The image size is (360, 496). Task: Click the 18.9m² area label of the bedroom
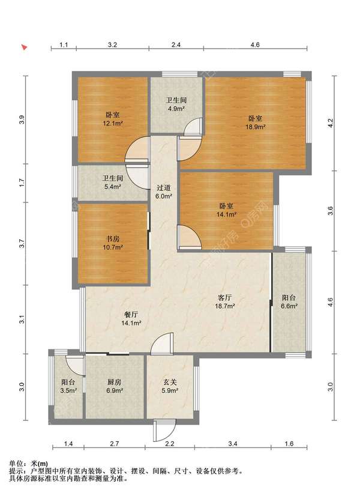[255, 127]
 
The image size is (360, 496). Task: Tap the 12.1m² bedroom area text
[113, 123]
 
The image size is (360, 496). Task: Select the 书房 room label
[113, 239]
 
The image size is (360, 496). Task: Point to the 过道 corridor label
[164, 188]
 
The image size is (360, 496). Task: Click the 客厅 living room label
[225, 298]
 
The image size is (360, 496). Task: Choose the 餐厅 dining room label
[131, 315]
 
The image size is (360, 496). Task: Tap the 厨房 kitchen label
[115, 382]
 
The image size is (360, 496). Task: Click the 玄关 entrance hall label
[170, 382]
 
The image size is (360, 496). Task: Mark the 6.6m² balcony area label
[289, 306]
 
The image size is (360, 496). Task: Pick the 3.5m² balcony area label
[68, 391]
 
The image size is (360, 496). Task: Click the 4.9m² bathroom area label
[176, 109]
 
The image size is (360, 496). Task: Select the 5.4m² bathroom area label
[113, 187]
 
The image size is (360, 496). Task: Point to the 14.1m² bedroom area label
[226, 214]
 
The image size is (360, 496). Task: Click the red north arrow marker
[24, 47]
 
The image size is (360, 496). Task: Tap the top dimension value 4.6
[255, 45]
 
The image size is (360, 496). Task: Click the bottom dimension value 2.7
[115, 444]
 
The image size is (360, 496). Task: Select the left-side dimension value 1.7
[22, 183]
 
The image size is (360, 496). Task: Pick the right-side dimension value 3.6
[331, 211]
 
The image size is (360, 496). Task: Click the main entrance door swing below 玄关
[164, 430]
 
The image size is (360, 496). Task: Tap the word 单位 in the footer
[16, 464]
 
